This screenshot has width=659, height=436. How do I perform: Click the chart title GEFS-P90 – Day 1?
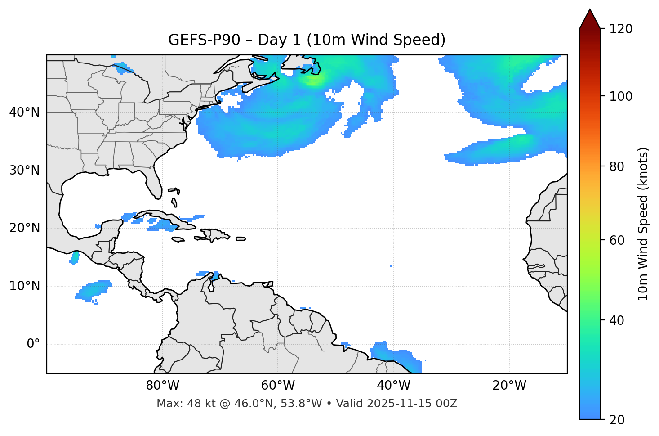click(x=307, y=40)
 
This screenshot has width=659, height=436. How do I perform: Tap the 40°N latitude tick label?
click(x=24, y=112)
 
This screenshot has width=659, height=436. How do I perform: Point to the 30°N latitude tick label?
click(x=24, y=171)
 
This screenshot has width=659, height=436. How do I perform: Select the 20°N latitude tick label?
click(x=24, y=228)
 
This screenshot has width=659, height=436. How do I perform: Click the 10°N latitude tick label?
click(x=24, y=286)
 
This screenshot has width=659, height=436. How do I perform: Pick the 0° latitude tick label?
click(x=33, y=344)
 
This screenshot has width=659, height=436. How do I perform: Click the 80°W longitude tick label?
click(x=162, y=386)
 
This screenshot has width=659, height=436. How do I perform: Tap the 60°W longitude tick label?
click(x=278, y=386)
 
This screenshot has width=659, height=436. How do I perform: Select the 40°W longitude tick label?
click(x=393, y=386)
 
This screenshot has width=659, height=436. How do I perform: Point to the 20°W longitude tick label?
click(x=509, y=386)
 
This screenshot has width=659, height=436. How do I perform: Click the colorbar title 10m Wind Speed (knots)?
click(x=644, y=224)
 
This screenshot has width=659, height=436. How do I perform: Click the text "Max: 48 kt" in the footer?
click(x=179, y=404)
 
